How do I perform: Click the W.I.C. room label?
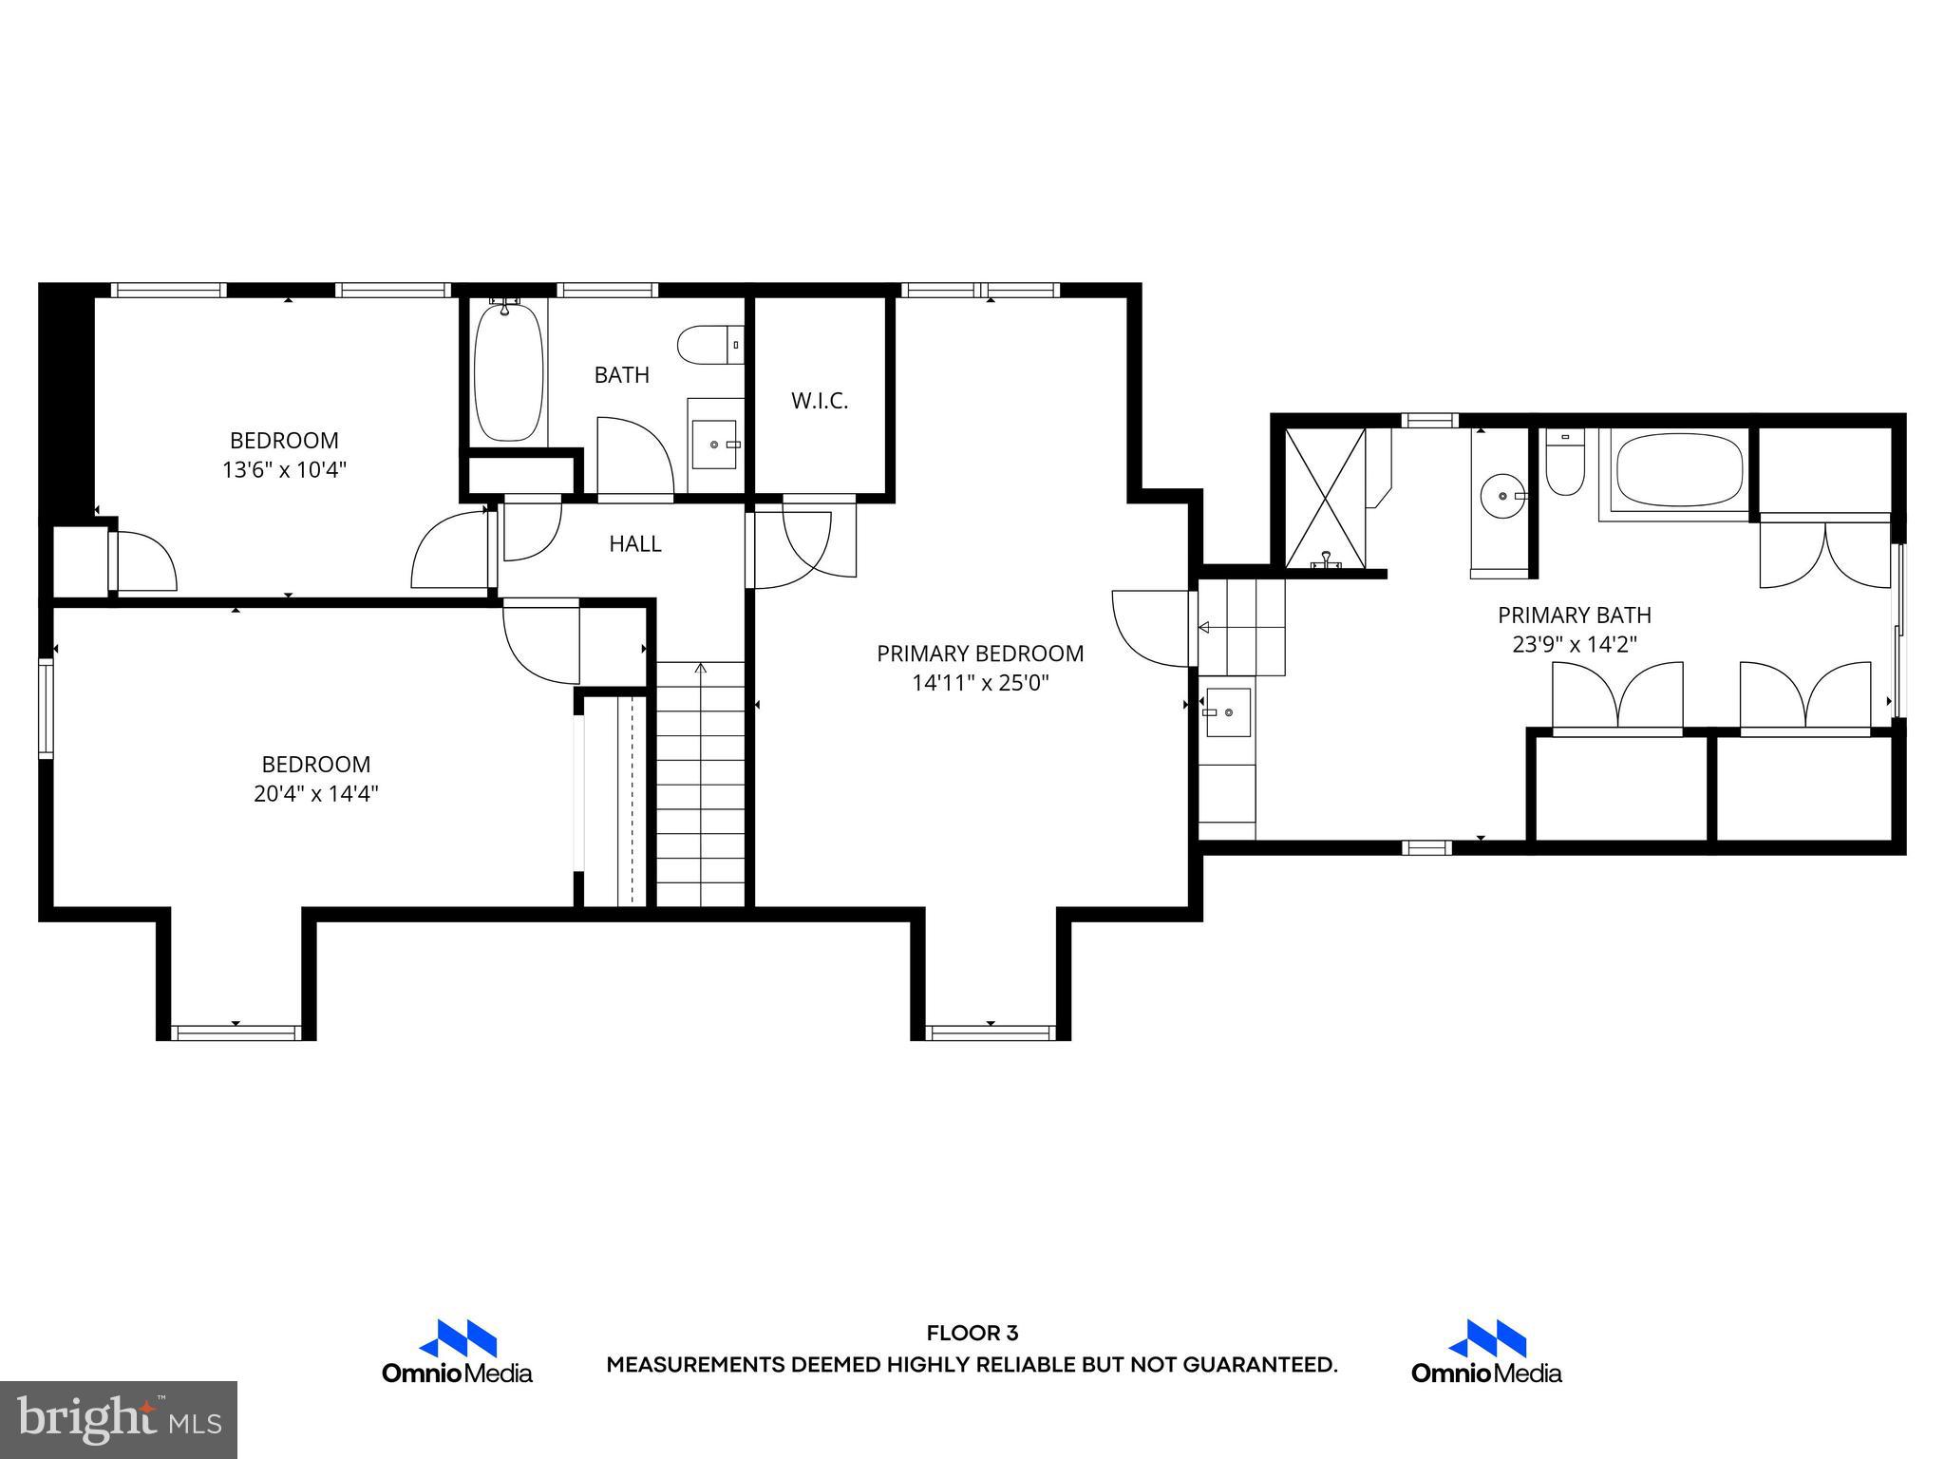(x=819, y=401)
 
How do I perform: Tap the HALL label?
(x=634, y=543)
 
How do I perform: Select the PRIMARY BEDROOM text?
(x=979, y=654)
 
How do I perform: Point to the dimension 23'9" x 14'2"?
(x=1574, y=644)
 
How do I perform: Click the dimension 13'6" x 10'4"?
(x=284, y=469)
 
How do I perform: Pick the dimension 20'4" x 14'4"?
(x=315, y=793)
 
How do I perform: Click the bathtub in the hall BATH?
(x=509, y=372)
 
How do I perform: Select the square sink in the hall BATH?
(x=714, y=445)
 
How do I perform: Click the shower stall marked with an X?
(x=1324, y=498)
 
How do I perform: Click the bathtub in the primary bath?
(x=1679, y=472)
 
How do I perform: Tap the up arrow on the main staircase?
(x=701, y=669)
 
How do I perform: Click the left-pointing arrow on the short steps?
(x=1203, y=627)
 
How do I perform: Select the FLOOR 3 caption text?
(x=972, y=1334)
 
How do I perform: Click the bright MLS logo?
(x=119, y=1419)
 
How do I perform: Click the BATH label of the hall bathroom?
(x=621, y=375)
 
